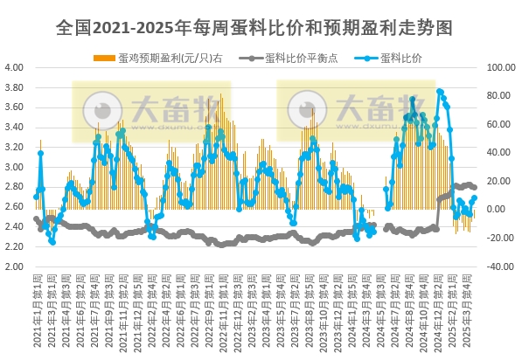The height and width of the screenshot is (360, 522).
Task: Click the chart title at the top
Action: coord(261,27)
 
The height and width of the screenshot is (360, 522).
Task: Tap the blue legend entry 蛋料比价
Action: coord(398,58)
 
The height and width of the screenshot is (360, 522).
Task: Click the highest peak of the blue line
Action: coord(440,91)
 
